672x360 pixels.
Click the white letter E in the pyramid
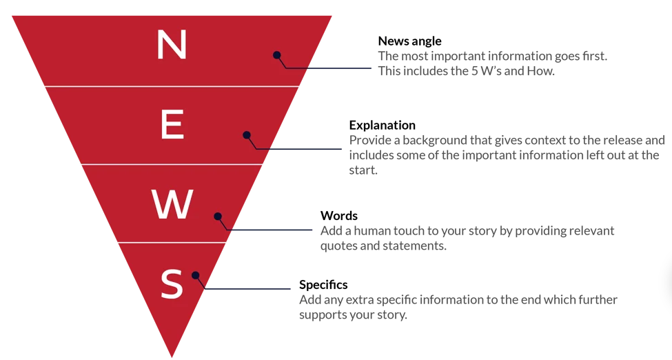pos(172,125)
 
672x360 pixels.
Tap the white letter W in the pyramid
pos(172,205)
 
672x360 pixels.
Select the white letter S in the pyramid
pos(172,283)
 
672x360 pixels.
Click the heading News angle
pos(409,41)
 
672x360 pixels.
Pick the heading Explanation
pos(382,125)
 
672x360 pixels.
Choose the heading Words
pos(339,216)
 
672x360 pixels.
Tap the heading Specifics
pos(323,284)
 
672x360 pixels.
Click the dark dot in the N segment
pos(276,55)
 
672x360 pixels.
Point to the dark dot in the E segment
pos(247,135)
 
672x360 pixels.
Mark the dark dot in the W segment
pos(218,217)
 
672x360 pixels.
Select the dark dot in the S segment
pos(196,275)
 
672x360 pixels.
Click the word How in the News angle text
pos(540,70)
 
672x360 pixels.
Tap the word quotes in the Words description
pos(338,246)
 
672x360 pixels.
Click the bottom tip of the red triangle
pos(172,355)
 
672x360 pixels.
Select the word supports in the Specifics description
pos(323,315)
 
